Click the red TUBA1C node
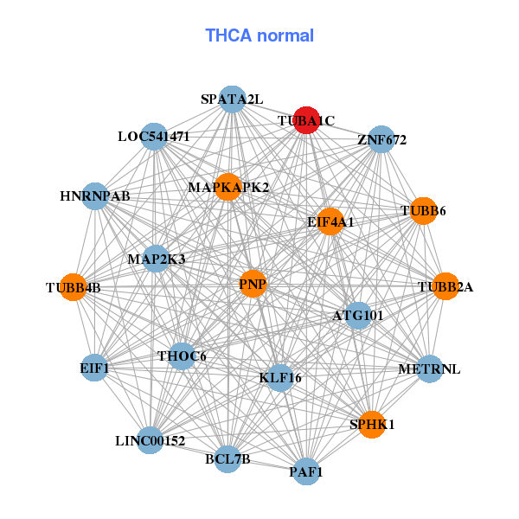[306, 120]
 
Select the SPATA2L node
[233, 99]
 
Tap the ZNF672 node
[381, 139]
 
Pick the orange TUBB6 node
[423, 211]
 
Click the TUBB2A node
[445, 286]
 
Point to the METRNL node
[429, 368]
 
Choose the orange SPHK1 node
[372, 425]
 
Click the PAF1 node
[306, 471]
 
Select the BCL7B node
[227, 459]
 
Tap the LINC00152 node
[150, 440]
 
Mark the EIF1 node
[94, 368]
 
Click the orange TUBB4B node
[74, 287]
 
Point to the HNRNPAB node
[95, 196]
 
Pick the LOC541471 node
[154, 137]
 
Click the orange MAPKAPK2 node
[228, 187]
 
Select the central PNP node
[253, 284]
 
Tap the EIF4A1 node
[330, 221]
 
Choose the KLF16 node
[280, 378]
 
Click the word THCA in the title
[228, 35]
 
